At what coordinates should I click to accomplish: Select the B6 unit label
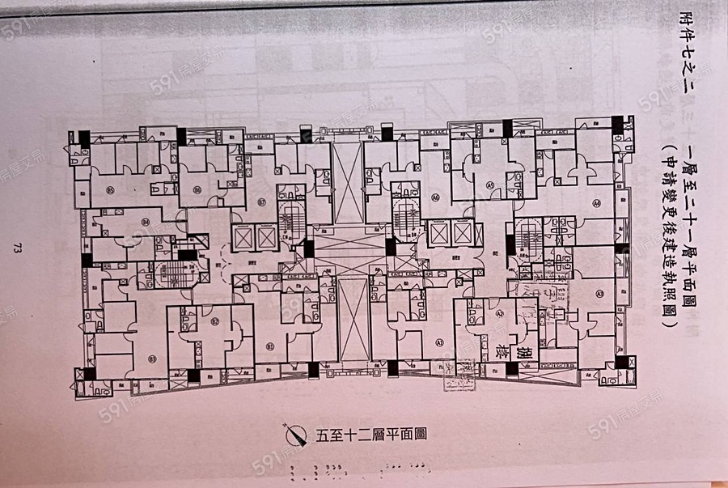tap(197, 190)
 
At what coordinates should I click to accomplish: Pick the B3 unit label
tap(152, 359)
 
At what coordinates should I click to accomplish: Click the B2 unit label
tap(215, 321)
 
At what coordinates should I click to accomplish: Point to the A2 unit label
tap(500, 314)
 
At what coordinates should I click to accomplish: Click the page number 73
tap(17, 248)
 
